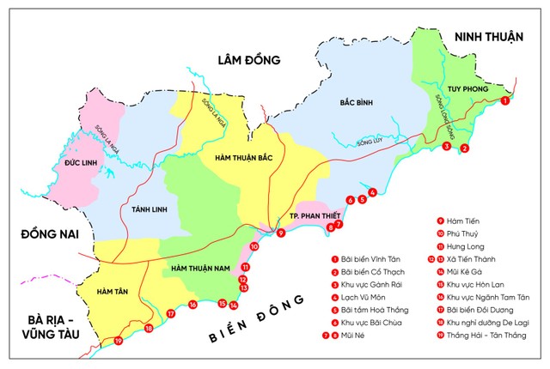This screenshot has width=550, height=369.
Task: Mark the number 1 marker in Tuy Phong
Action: point(504,100)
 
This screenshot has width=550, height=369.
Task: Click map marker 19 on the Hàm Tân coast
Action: point(119,342)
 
